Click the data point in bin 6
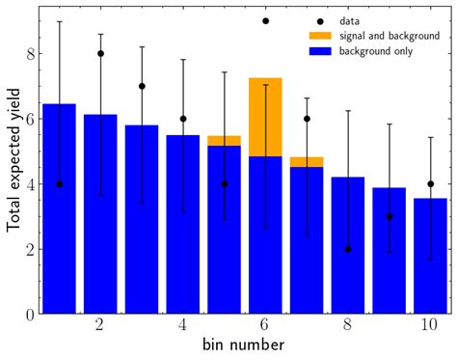pyautogui.click(x=265, y=20)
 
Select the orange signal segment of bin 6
pyautogui.click(x=265, y=117)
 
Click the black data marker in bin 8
pyautogui.click(x=348, y=248)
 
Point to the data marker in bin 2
pyautogui.click(x=100, y=53)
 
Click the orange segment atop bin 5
pyautogui.click(x=224, y=141)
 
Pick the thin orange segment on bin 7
pyautogui.click(x=307, y=162)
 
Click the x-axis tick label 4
pyautogui.click(x=183, y=327)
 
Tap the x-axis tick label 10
pyautogui.click(x=430, y=327)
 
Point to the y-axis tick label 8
pyautogui.click(x=30, y=54)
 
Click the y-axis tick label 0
pyautogui.click(x=30, y=314)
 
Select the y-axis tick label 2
pyautogui.click(x=30, y=249)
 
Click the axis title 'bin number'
pyautogui.click(x=244, y=346)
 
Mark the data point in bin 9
pyautogui.click(x=389, y=216)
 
